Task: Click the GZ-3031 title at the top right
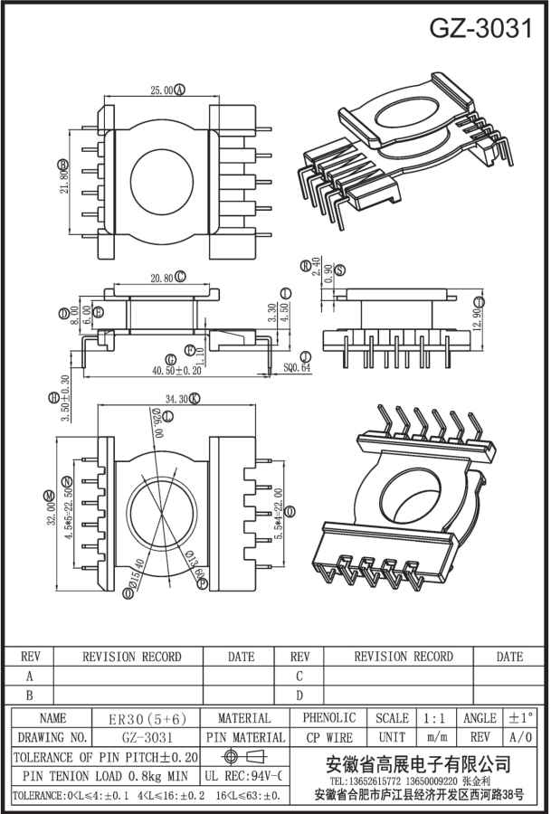pyautogui.click(x=480, y=28)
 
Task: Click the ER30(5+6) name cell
pyautogui.click(x=147, y=718)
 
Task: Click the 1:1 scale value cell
pyautogui.click(x=437, y=717)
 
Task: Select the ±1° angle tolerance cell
pyautogui.click(x=521, y=717)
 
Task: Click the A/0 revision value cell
pyautogui.click(x=521, y=737)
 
